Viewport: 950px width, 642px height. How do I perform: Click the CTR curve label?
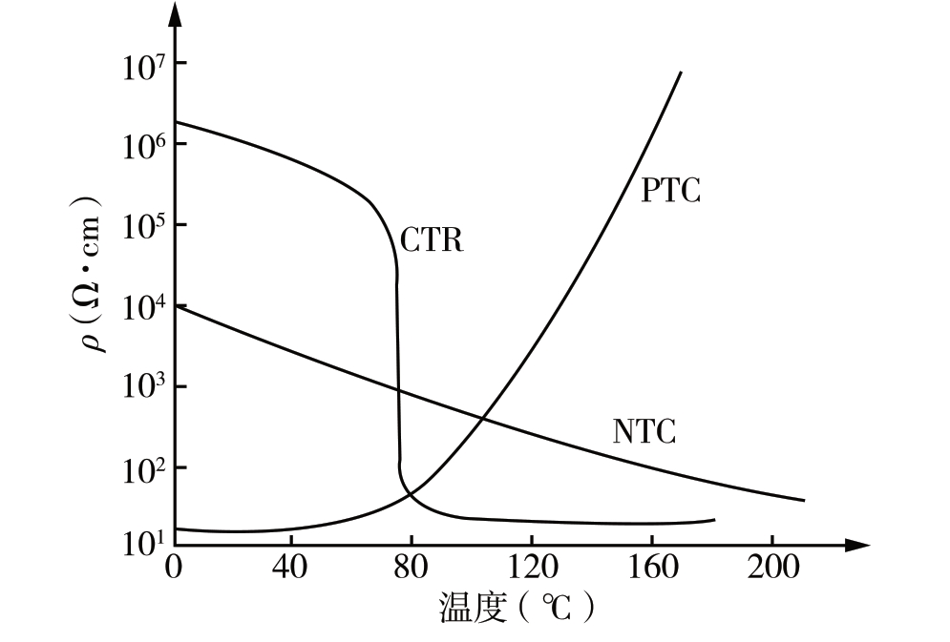[x=432, y=240]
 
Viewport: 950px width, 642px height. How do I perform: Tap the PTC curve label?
[x=670, y=191]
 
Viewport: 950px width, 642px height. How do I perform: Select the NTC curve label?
[x=644, y=432]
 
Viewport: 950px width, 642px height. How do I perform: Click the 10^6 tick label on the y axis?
[x=141, y=147]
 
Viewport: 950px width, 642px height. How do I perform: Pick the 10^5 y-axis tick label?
[x=141, y=228]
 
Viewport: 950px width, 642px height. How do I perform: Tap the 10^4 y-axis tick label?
[x=141, y=309]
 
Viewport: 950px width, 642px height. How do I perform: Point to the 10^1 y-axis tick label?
[x=141, y=546]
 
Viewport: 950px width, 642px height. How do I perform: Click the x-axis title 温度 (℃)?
[x=517, y=608]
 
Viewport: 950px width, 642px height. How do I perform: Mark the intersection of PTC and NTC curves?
[x=481, y=418]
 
